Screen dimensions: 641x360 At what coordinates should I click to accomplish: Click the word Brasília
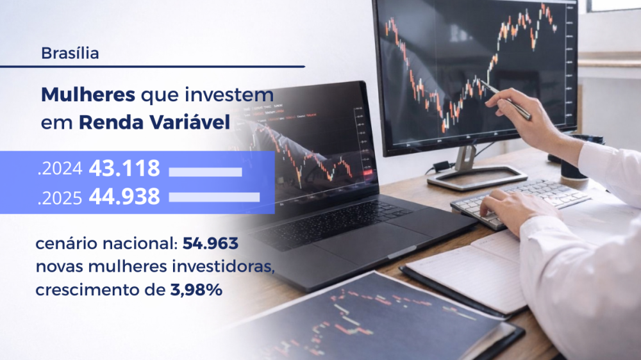click(x=70, y=53)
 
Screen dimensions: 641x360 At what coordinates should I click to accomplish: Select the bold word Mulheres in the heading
click(x=88, y=95)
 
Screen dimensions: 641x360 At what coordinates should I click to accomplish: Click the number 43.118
click(x=124, y=168)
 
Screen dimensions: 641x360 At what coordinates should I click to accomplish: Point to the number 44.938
click(x=124, y=197)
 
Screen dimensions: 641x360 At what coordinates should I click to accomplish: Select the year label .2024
click(x=60, y=169)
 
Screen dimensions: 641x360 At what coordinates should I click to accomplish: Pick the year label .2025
click(x=60, y=198)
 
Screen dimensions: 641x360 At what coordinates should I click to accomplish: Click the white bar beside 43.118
click(x=205, y=172)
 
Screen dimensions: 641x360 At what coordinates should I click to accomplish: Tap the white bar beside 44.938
click(x=214, y=197)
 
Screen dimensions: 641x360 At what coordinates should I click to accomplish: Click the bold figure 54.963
click(x=210, y=243)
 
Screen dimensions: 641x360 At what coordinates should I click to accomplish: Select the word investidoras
click(x=223, y=266)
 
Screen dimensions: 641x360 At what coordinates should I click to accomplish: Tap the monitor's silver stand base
click(x=478, y=177)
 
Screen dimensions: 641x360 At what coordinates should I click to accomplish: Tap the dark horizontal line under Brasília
click(x=153, y=66)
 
